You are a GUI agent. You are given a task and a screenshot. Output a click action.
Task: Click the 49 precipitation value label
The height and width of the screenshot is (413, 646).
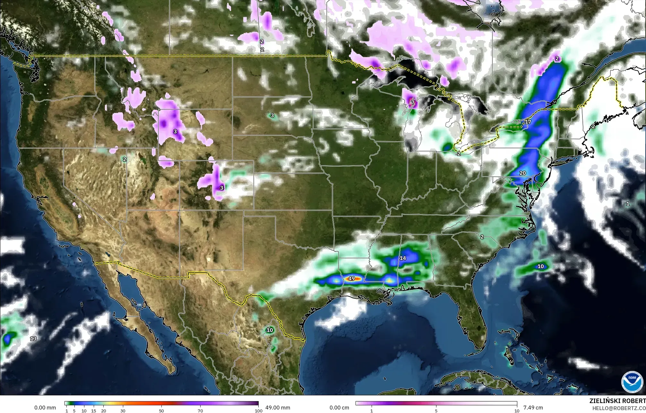[351, 279]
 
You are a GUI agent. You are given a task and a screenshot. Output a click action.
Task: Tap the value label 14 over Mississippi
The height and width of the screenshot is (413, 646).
[403, 258]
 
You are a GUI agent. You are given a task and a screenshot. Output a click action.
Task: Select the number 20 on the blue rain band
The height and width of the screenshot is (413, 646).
[522, 173]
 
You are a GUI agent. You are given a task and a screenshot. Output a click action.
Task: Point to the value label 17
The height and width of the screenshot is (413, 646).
[528, 122]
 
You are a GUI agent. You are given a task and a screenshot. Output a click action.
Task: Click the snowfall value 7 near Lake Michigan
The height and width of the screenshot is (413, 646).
[413, 103]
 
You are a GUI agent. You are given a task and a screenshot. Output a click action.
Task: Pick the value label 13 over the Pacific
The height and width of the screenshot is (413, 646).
[33, 339]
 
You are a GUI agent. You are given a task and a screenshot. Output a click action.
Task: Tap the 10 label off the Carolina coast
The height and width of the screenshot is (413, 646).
[541, 266]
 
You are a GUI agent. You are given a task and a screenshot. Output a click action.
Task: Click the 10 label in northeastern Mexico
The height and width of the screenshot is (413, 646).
[270, 330]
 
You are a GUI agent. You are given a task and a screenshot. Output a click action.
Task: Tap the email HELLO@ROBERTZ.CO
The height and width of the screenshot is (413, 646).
[619, 408]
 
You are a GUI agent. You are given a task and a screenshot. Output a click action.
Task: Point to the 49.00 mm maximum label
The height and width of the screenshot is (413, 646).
[278, 408]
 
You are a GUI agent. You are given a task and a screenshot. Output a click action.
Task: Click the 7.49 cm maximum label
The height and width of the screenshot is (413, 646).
[533, 408]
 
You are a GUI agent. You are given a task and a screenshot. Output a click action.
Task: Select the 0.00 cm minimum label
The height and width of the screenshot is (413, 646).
[340, 408]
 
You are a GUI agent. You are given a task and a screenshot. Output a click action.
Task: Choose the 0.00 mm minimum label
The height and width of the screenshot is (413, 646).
[45, 408]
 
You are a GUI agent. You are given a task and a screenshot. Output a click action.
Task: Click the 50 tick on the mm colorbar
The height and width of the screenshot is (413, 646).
[161, 410]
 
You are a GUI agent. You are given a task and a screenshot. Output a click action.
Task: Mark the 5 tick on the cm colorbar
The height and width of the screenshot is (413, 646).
[436, 410]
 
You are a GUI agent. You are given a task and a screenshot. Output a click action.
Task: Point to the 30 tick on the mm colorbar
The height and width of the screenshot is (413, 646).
[123, 410]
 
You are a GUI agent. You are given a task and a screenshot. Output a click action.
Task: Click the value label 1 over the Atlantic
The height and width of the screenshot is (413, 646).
[628, 204]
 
